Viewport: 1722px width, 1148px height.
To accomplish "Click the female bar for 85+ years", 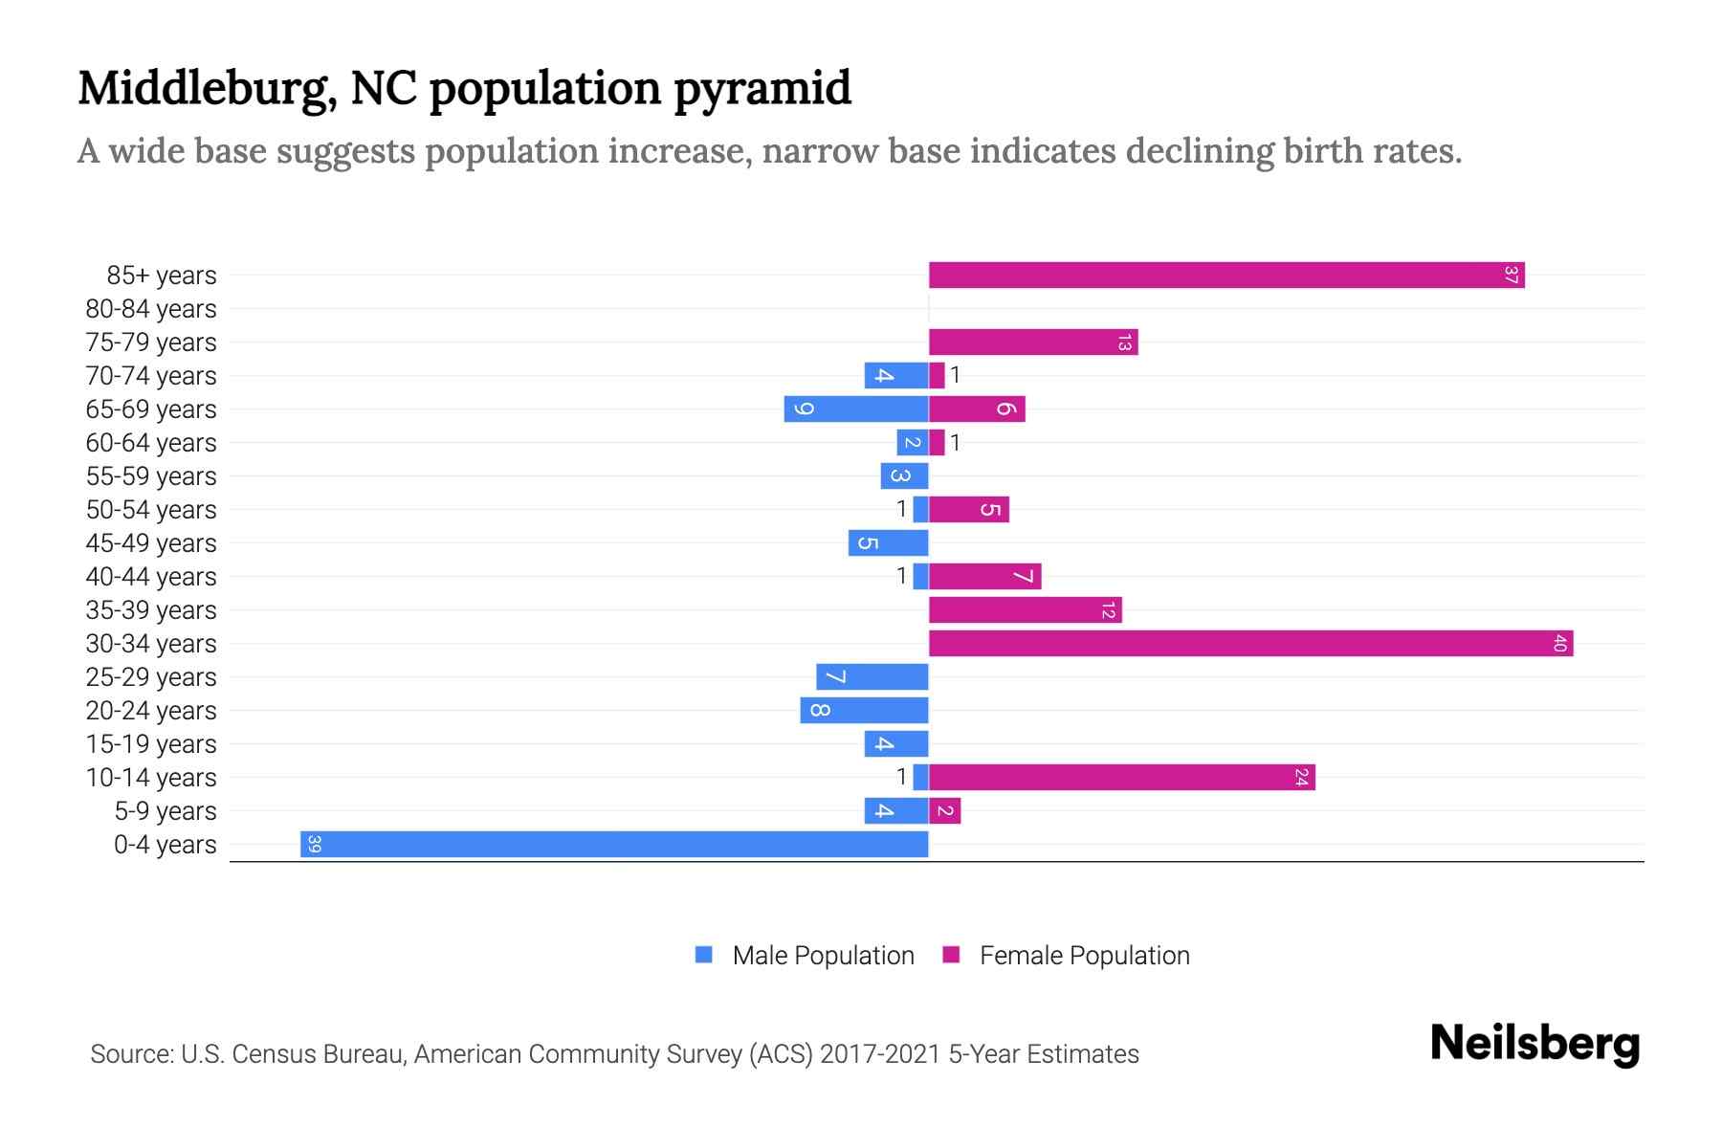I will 1225,276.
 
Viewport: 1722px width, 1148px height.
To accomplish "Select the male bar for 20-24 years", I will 864,711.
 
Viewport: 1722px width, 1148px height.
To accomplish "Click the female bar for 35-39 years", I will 1025,610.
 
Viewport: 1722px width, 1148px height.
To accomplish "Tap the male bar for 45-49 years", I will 888,543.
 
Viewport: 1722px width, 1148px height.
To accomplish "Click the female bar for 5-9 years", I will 944,811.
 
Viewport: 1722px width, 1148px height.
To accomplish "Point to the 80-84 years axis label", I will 151,309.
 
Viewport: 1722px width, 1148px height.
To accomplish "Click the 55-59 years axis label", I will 151,476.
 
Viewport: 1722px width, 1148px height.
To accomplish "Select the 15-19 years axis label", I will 151,744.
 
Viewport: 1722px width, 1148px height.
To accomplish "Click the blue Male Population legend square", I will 704,955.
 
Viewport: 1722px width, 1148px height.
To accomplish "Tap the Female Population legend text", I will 1084,956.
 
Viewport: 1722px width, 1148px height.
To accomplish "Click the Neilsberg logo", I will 1534,1044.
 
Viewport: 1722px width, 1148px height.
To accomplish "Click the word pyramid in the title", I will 762,89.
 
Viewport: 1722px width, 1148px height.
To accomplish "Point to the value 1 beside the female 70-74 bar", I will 955,375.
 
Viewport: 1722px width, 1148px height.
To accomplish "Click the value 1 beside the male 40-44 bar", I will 901,576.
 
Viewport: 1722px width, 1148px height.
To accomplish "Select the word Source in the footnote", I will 131,1054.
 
